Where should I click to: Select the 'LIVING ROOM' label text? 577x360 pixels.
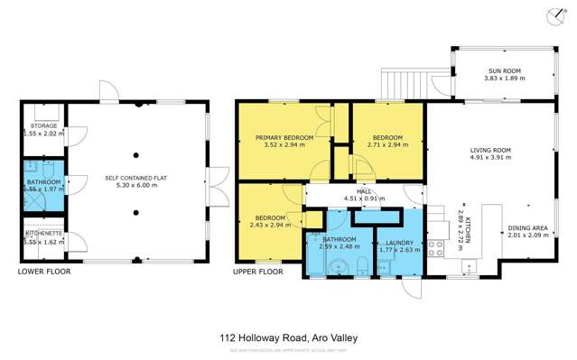tap(490, 150)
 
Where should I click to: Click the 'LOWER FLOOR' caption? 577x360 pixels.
tap(42, 271)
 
